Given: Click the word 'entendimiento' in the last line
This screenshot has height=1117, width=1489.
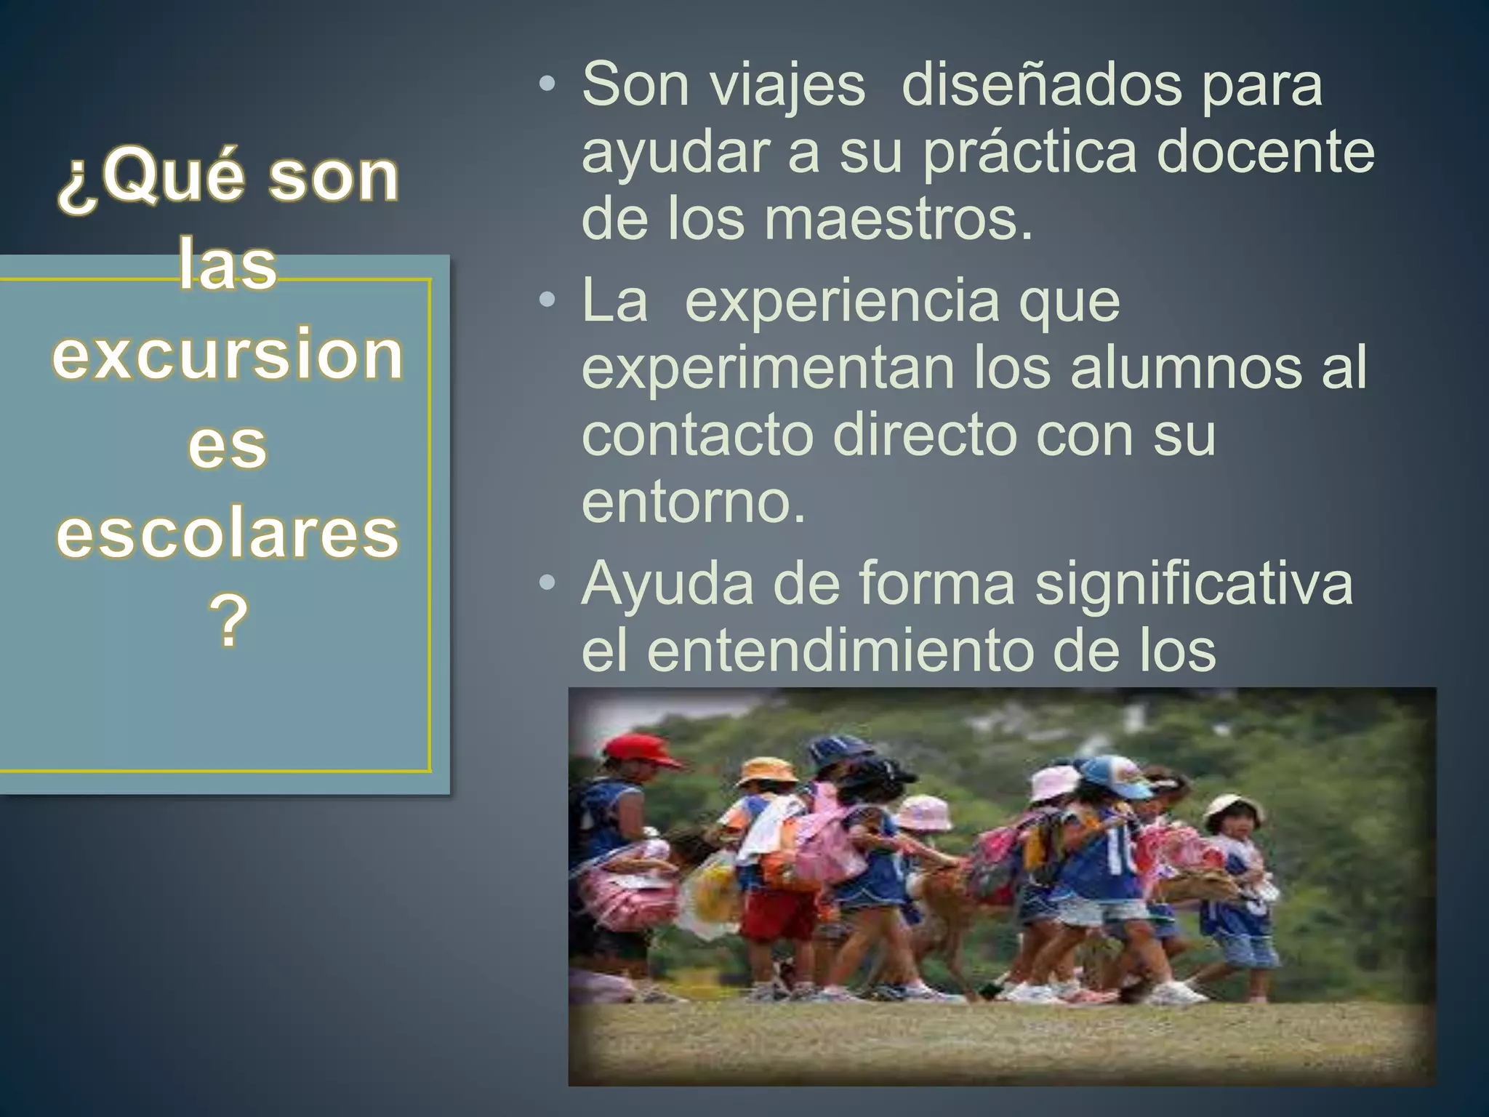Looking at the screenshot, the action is [x=840, y=650].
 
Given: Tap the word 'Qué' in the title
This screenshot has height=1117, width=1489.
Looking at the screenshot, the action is [x=180, y=179].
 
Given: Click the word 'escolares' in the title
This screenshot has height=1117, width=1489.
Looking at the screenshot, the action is [x=228, y=535].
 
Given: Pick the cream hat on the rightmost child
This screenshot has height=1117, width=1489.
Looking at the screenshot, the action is [x=1232, y=809].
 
